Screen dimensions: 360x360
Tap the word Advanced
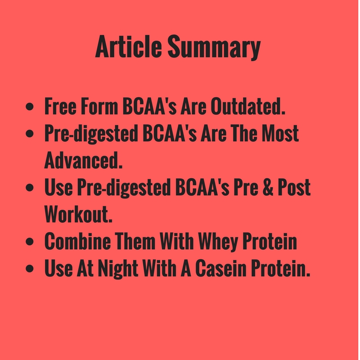click(84, 160)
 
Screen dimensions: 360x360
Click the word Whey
click(217, 242)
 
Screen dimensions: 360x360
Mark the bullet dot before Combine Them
click(30, 242)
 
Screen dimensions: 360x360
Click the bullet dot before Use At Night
click(30, 269)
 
